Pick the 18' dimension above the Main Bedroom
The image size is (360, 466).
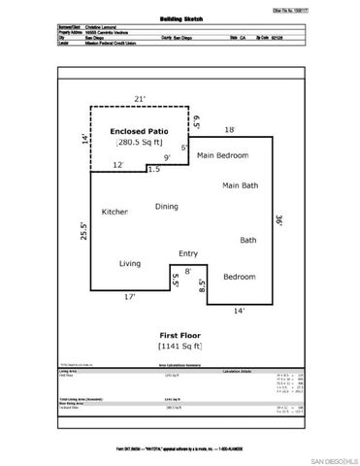(230, 129)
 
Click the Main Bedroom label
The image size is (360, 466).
(223, 155)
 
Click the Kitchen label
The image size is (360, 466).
(115, 212)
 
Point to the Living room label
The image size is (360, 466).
(130, 263)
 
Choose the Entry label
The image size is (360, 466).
(188, 254)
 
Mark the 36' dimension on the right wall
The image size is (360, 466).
(278, 220)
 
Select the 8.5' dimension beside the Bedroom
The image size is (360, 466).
(202, 286)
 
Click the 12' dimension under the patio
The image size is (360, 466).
(117, 165)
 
